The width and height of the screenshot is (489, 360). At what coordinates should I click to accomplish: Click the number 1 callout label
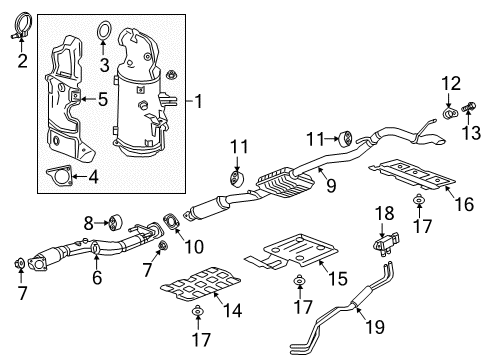(198, 100)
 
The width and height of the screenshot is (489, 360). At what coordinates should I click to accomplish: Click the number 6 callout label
(97, 279)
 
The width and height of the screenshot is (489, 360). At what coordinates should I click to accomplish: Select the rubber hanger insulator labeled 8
(113, 220)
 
